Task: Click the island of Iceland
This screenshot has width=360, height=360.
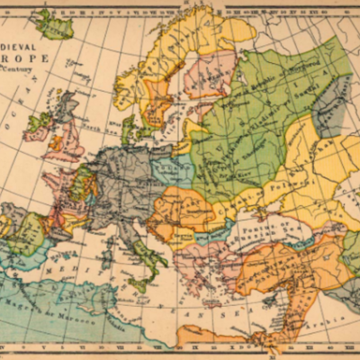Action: coord(54,24)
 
